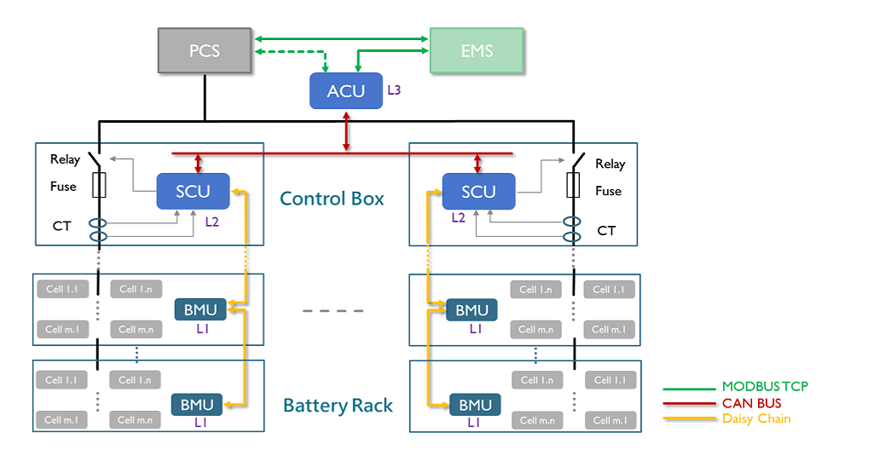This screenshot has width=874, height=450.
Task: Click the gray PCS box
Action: (205, 50)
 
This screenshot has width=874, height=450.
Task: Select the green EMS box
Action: (477, 50)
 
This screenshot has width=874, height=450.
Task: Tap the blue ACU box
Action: (346, 91)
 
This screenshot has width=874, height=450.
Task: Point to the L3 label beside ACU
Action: (394, 90)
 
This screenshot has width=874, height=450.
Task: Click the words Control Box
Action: (332, 199)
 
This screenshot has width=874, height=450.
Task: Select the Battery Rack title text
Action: (338, 406)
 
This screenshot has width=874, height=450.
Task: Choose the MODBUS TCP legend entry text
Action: (765, 387)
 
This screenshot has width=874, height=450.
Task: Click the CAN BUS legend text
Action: (752, 403)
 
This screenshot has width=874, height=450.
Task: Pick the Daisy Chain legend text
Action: (756, 418)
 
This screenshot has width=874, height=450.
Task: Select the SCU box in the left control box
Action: (193, 192)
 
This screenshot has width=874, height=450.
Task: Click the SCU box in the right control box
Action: (479, 192)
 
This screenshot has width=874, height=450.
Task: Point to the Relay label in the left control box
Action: (65, 160)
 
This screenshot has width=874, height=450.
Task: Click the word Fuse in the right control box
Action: (608, 191)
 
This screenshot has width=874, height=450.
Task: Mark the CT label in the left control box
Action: (62, 226)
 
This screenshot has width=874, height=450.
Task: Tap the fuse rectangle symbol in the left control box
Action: (99, 185)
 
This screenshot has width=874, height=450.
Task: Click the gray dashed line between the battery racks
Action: (333, 311)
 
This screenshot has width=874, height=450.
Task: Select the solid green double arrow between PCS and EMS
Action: (342, 39)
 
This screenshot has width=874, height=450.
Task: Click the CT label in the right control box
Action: (606, 231)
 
